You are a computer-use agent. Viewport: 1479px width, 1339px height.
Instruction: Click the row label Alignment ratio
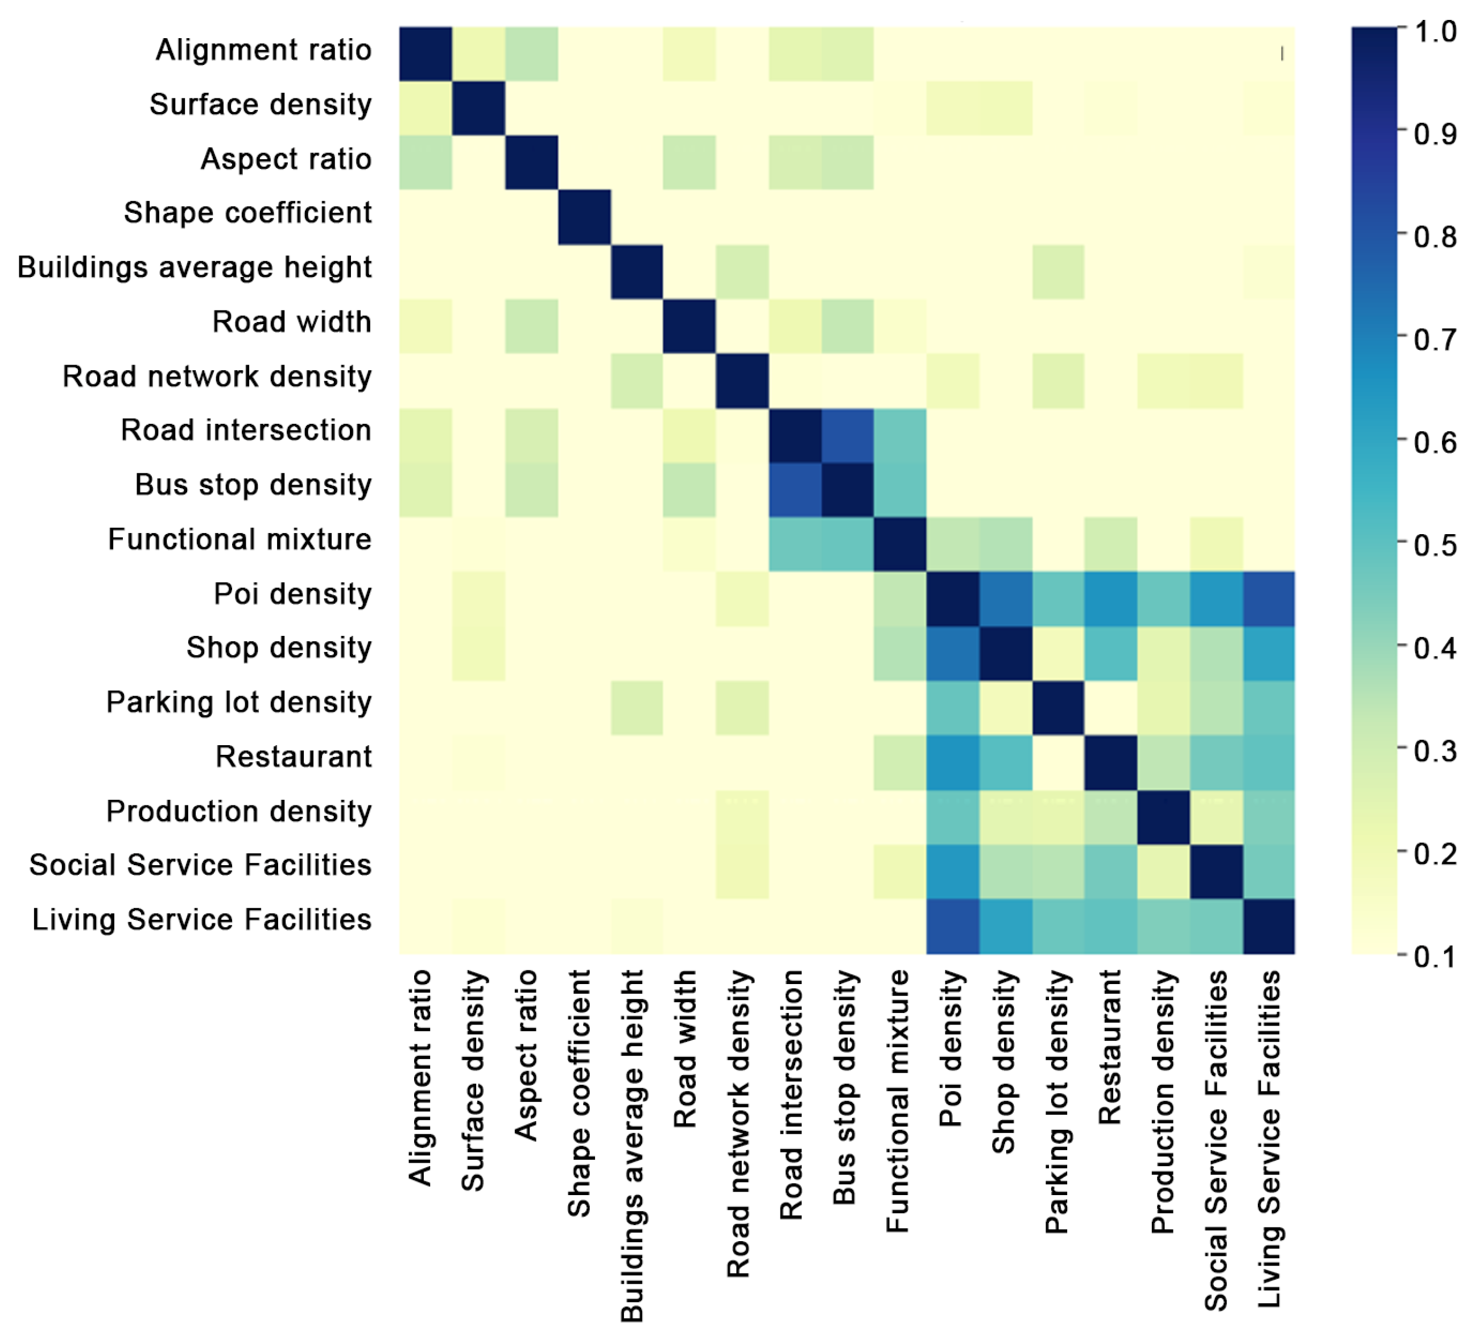(263, 50)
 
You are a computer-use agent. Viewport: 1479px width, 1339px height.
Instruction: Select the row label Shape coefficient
(248, 213)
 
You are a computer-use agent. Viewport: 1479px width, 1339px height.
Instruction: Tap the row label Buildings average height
(195, 268)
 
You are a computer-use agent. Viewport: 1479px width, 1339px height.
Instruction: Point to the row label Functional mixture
(240, 539)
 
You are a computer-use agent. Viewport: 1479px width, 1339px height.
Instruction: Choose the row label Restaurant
(294, 757)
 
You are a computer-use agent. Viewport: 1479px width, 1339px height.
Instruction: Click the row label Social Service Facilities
(200, 865)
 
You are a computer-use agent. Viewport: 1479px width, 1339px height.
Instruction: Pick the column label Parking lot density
(1057, 1101)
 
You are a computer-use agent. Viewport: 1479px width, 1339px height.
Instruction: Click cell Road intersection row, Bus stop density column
(848, 436)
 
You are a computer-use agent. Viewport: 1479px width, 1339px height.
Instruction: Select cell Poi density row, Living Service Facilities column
(1269, 599)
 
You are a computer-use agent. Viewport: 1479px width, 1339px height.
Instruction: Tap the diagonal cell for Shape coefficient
(584, 217)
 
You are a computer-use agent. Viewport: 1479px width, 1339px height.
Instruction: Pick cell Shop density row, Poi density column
(952, 653)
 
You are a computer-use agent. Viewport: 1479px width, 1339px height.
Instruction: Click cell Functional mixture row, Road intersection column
(795, 544)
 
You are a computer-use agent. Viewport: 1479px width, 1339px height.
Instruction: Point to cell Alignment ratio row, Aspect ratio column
(531, 53)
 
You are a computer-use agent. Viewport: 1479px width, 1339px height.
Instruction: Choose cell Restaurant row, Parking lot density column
(1058, 762)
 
